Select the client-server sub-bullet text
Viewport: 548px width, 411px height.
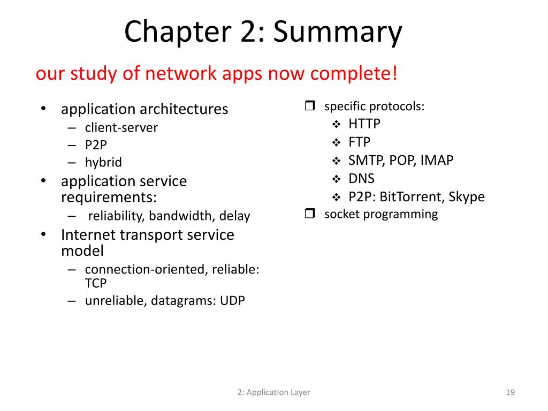pos(121,128)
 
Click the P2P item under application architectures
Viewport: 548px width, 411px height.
pos(96,145)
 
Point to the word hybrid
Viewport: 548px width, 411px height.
pos(103,163)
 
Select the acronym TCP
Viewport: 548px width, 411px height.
pos(96,284)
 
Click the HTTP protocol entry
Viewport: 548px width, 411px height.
pos(364,124)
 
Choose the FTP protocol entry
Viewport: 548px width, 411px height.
pos(359,142)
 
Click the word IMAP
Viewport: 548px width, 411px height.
pos(437,161)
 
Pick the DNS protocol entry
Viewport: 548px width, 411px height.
pos(361,179)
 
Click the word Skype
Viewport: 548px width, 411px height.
pos(467,197)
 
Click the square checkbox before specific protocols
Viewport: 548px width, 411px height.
pos(310,106)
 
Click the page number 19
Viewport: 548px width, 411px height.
pos(510,393)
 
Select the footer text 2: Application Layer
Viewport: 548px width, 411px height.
pos(274,393)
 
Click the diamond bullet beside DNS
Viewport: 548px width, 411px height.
pos(337,179)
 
